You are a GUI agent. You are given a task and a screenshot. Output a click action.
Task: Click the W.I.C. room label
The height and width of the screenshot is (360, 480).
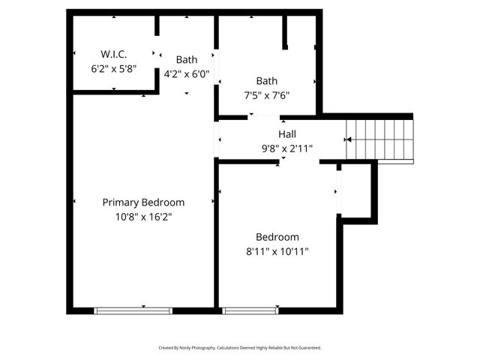pyautogui.click(x=114, y=54)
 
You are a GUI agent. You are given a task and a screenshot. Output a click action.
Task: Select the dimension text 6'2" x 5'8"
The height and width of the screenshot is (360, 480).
pyautogui.click(x=114, y=67)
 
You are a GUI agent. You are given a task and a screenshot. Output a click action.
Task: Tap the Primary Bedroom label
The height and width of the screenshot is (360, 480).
pyautogui.click(x=143, y=202)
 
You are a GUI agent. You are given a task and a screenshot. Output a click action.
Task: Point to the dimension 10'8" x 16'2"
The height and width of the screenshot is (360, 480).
pyautogui.click(x=143, y=216)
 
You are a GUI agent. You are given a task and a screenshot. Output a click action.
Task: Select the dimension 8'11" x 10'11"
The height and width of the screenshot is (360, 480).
pyautogui.click(x=277, y=251)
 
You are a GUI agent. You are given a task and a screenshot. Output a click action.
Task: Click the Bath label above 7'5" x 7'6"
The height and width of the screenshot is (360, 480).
pyautogui.click(x=267, y=81)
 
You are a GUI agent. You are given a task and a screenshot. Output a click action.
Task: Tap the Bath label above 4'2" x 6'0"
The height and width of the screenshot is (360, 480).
pyautogui.click(x=187, y=60)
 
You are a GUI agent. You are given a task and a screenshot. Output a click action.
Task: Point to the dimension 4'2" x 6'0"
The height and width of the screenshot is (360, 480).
pyautogui.click(x=187, y=74)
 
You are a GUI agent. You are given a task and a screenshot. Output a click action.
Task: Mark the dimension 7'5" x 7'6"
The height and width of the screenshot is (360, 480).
pyautogui.click(x=267, y=95)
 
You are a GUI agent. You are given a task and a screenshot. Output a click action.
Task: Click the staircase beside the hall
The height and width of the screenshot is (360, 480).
pyautogui.click(x=383, y=139)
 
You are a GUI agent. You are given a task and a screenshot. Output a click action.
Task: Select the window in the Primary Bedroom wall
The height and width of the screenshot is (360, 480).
pyautogui.click(x=133, y=310)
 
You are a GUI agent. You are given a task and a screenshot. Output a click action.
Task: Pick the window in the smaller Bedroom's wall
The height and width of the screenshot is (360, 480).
pyautogui.click(x=251, y=310)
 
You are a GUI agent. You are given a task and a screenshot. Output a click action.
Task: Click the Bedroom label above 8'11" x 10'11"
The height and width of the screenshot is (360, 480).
pyautogui.click(x=277, y=237)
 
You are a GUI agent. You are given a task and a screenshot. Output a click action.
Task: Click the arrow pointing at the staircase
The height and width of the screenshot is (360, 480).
pyautogui.click(x=348, y=139)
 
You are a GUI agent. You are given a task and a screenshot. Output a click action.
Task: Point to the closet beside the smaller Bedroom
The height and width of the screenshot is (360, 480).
pyautogui.click(x=356, y=191)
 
